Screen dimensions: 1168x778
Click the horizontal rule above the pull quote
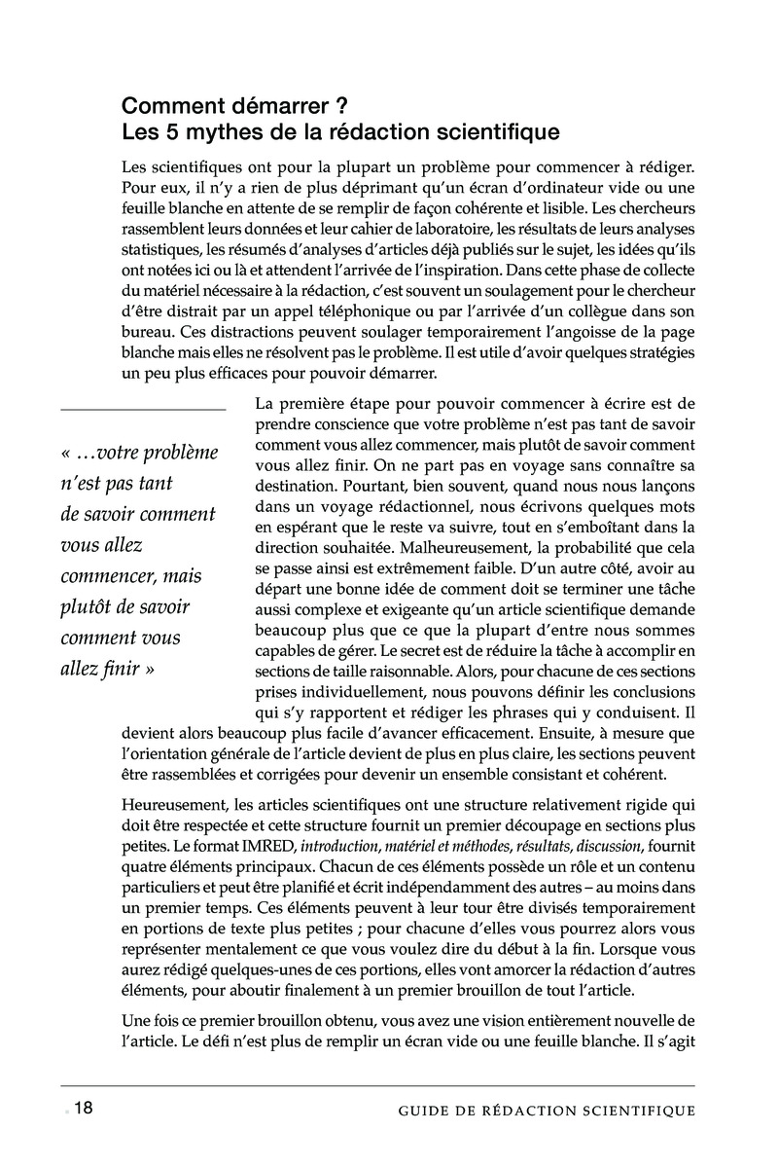[143, 410]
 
